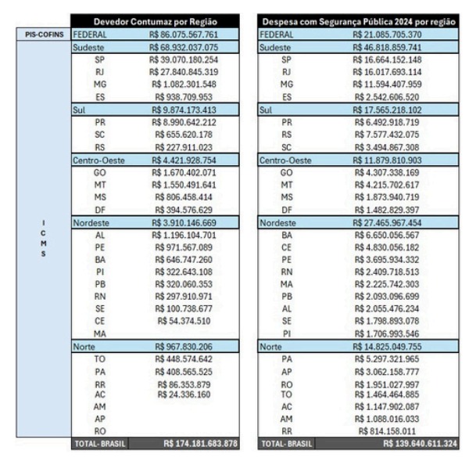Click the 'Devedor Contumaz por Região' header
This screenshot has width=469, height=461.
(x=155, y=22)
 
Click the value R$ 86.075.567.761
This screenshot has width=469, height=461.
(x=184, y=35)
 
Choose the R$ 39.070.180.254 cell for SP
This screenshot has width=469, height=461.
(x=184, y=59)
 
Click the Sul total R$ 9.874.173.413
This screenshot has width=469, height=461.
(x=184, y=110)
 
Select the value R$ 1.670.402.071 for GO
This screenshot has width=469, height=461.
(x=184, y=172)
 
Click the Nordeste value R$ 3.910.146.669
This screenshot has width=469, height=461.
(x=184, y=222)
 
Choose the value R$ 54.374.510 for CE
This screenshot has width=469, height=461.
(x=184, y=321)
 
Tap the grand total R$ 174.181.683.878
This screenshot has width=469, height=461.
(x=200, y=444)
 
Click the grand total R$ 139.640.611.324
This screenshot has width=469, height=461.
(x=420, y=444)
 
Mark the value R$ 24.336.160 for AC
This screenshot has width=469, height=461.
(x=184, y=394)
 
